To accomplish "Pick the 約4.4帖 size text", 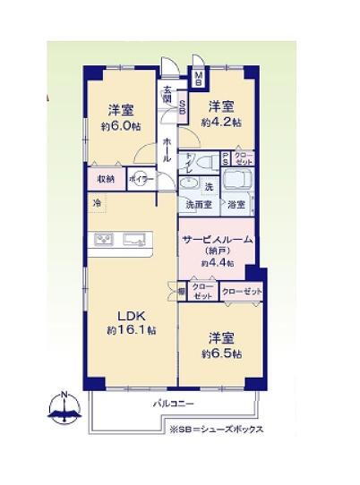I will click(x=217, y=263).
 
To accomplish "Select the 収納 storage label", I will click(x=106, y=178).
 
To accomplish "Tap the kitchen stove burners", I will click(x=103, y=239).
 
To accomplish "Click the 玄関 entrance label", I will click(x=167, y=92).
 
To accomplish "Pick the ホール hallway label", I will click(x=167, y=148).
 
